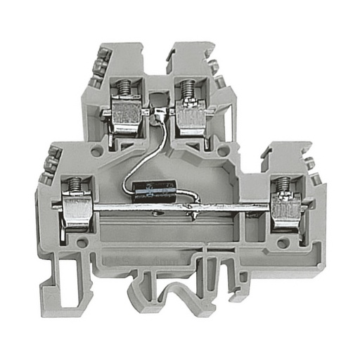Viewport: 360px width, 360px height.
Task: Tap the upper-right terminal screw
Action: click(188, 90)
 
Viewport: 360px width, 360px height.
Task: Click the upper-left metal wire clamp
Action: click(127, 116)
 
